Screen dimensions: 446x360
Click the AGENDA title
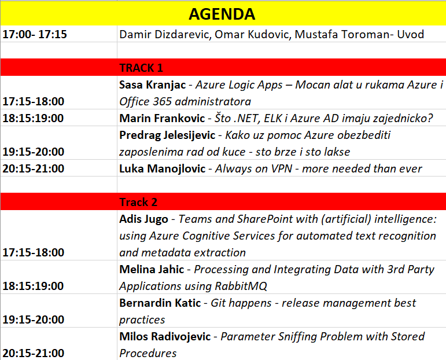pyautogui.click(x=222, y=14)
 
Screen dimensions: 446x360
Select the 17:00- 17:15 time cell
pyautogui.click(x=35, y=34)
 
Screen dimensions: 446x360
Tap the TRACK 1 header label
pyautogui.click(x=141, y=68)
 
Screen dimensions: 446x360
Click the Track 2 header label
pyautogui.click(x=138, y=203)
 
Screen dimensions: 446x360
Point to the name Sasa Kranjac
pyautogui.click(x=153, y=85)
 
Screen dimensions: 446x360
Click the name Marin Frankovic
pyautogui.click(x=162, y=119)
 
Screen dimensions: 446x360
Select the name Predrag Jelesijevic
pyautogui.click(x=167, y=135)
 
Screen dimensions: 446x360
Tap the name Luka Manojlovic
pyautogui.click(x=162, y=169)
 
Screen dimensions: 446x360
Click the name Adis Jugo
pyautogui.click(x=143, y=219)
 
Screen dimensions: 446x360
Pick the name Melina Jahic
pyautogui.click(x=152, y=270)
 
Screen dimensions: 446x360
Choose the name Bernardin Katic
pyautogui.click(x=160, y=303)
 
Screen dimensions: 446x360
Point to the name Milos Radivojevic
pyautogui.click(x=165, y=337)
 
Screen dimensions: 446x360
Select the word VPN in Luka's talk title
pyautogui.click(x=282, y=169)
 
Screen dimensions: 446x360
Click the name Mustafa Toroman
pyautogui.click(x=342, y=34)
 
